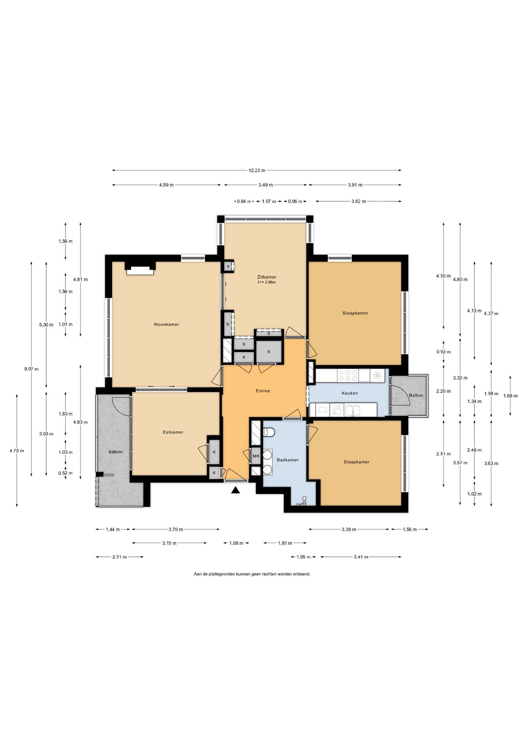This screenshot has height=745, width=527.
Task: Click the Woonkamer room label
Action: pyautogui.click(x=166, y=324)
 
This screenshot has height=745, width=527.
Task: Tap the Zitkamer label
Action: pyautogui.click(x=267, y=277)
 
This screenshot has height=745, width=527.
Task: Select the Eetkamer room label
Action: pyautogui.click(x=173, y=432)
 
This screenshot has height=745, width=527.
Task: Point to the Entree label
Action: pyautogui.click(x=263, y=391)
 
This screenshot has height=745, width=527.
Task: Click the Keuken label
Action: pyautogui.click(x=350, y=393)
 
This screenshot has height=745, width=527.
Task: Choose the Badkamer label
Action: pyautogui.click(x=288, y=460)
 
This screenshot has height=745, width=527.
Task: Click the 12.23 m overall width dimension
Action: pyautogui.click(x=257, y=170)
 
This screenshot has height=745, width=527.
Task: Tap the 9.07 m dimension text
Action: pyautogui.click(x=31, y=369)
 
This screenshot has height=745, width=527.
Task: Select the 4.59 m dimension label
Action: pyautogui.click(x=166, y=185)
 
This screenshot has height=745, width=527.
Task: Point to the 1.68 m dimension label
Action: pyautogui.click(x=510, y=396)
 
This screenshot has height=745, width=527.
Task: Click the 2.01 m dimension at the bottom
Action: pyautogui.click(x=120, y=557)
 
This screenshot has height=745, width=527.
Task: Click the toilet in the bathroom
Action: pyautogui.click(x=269, y=432)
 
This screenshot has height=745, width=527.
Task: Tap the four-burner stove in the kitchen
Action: pyautogui.click(x=348, y=376)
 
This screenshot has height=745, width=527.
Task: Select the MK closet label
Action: pyautogui.click(x=256, y=456)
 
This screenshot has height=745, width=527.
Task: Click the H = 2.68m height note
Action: pyautogui.click(x=267, y=282)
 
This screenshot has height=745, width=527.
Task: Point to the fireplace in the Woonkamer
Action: pyautogui.click(x=140, y=270)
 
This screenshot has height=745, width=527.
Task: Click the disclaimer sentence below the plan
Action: pyautogui.click(x=252, y=574)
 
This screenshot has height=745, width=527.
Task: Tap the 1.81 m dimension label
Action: pyautogui.click(x=285, y=543)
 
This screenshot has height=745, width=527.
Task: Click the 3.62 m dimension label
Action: pyautogui.click(x=359, y=201)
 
